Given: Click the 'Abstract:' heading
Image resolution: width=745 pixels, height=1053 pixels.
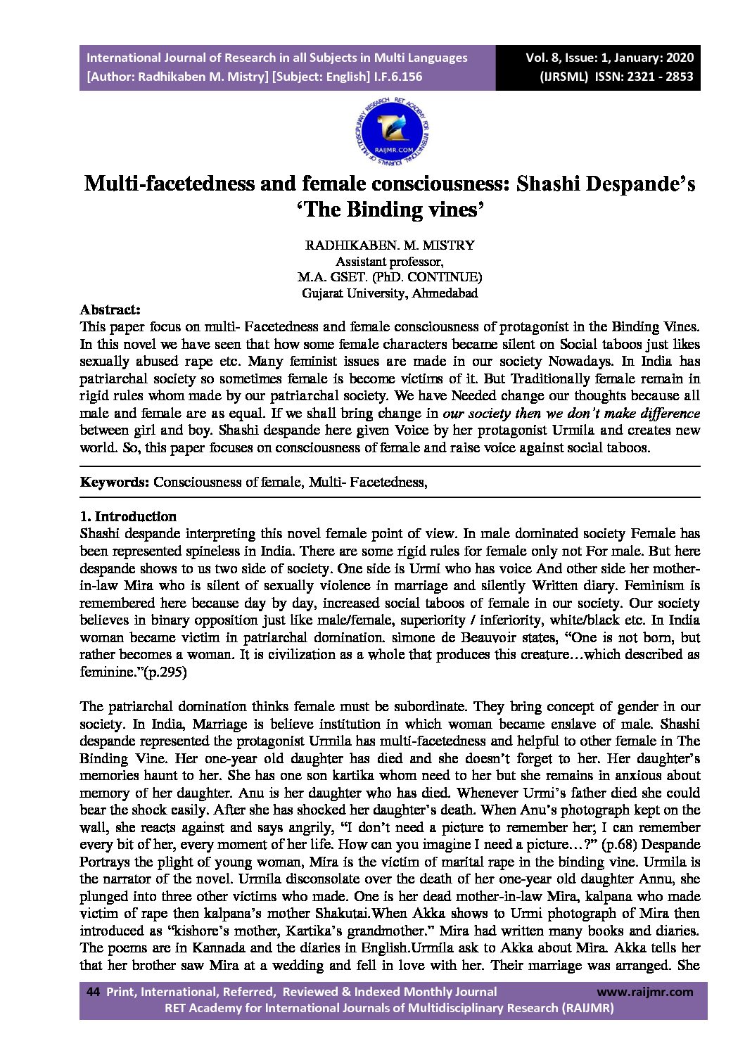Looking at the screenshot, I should point(110,309).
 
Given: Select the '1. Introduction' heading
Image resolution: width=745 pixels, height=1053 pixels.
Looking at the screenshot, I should point(128,516).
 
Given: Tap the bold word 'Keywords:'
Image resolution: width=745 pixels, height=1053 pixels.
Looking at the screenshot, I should point(114,482).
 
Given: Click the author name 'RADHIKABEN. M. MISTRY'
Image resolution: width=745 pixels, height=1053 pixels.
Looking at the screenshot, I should point(390,245).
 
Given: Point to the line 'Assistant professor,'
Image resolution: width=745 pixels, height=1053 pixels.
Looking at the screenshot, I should point(390,262).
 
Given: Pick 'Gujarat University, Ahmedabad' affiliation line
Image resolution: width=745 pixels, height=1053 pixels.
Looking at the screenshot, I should point(390,293).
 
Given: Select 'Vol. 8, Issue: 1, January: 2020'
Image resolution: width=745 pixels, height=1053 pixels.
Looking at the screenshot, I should point(609,58).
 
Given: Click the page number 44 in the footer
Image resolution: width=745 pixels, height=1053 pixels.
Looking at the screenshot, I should point(92,992).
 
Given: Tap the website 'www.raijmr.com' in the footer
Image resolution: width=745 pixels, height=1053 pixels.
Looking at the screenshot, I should point(644,992).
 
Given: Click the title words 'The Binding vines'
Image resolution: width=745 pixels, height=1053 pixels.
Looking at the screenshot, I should point(390,210).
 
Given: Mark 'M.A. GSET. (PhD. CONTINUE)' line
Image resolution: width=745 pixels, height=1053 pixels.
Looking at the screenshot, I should point(390,277).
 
